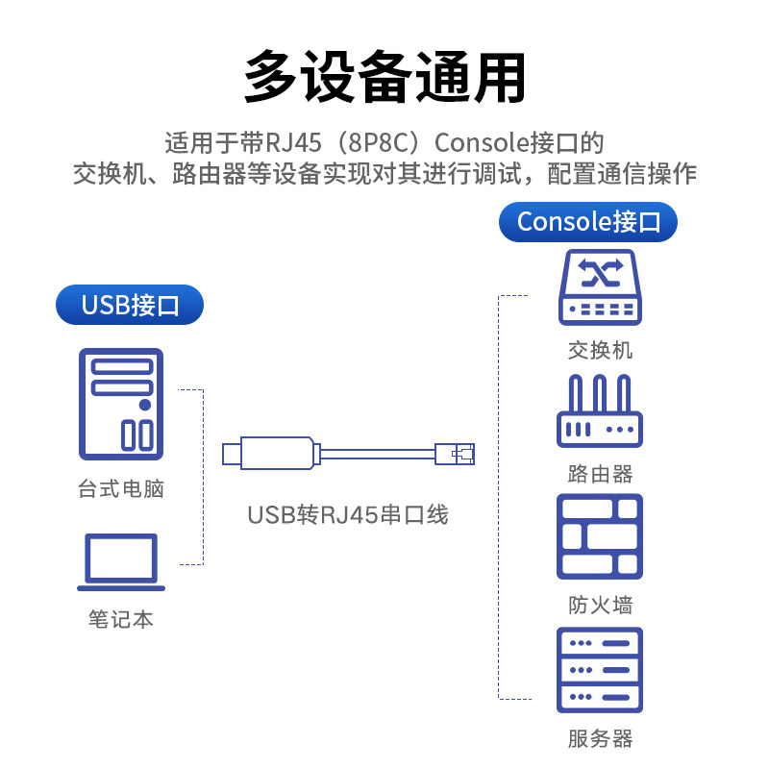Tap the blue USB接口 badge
point(130,306)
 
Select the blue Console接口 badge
point(588,222)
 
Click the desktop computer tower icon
point(121,404)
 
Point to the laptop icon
point(121,562)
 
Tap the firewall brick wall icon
point(600,536)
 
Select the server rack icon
point(600,670)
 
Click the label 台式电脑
point(121,489)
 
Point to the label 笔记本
point(121,619)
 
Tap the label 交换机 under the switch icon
point(600,350)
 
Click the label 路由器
point(600,474)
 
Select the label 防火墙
point(600,606)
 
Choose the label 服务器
point(600,738)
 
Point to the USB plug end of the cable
point(232,453)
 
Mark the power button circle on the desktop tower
point(144,405)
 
